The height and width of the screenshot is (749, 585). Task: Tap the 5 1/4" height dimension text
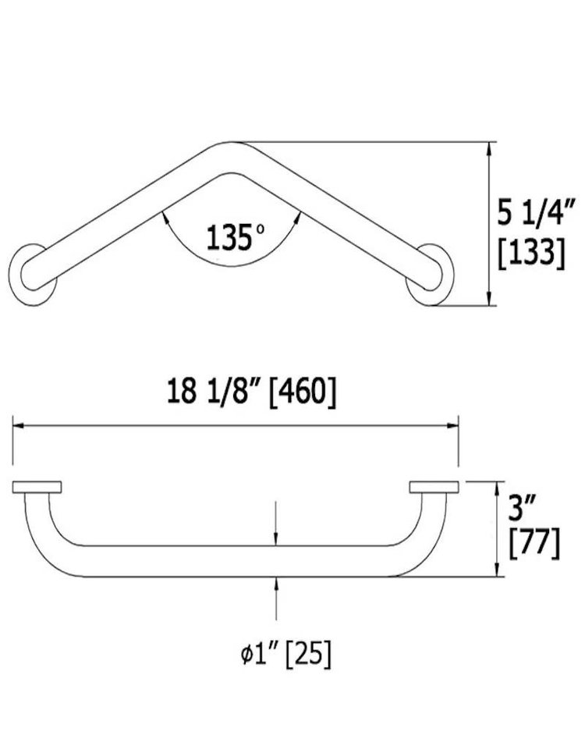[537, 211]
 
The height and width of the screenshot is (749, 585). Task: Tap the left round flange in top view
[32, 274]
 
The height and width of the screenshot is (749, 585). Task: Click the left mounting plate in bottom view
[39, 488]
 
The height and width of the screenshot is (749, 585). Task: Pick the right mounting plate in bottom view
[433, 488]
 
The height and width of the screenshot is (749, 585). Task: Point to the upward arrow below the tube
[277, 585]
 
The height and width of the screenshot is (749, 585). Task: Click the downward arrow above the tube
[277, 537]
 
